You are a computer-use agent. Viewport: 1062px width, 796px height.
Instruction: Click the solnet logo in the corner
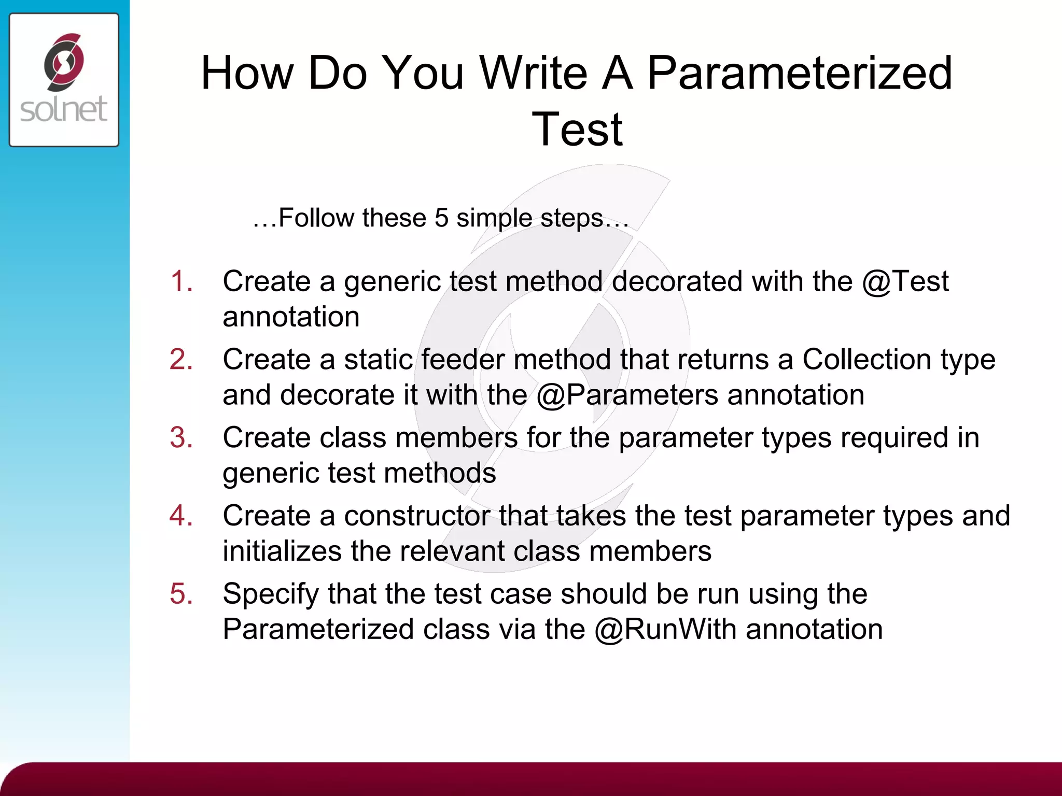(x=64, y=80)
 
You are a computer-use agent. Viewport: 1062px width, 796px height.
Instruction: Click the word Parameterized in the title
(x=800, y=74)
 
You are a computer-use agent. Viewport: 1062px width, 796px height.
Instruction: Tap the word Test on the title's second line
(x=577, y=130)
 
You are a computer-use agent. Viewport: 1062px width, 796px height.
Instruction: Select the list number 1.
(x=181, y=281)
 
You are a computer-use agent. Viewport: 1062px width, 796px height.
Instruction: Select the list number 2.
(x=181, y=360)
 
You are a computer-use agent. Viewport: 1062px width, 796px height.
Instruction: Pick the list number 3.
(x=181, y=438)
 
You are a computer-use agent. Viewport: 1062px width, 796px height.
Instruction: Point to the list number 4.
(x=181, y=516)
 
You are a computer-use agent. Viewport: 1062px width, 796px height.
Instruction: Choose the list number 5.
(x=181, y=594)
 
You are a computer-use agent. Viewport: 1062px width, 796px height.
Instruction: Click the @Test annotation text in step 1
(x=905, y=282)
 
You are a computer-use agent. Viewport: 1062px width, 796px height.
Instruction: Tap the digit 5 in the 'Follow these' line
(x=441, y=218)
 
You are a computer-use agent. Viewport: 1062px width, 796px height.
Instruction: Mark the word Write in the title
(x=534, y=74)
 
